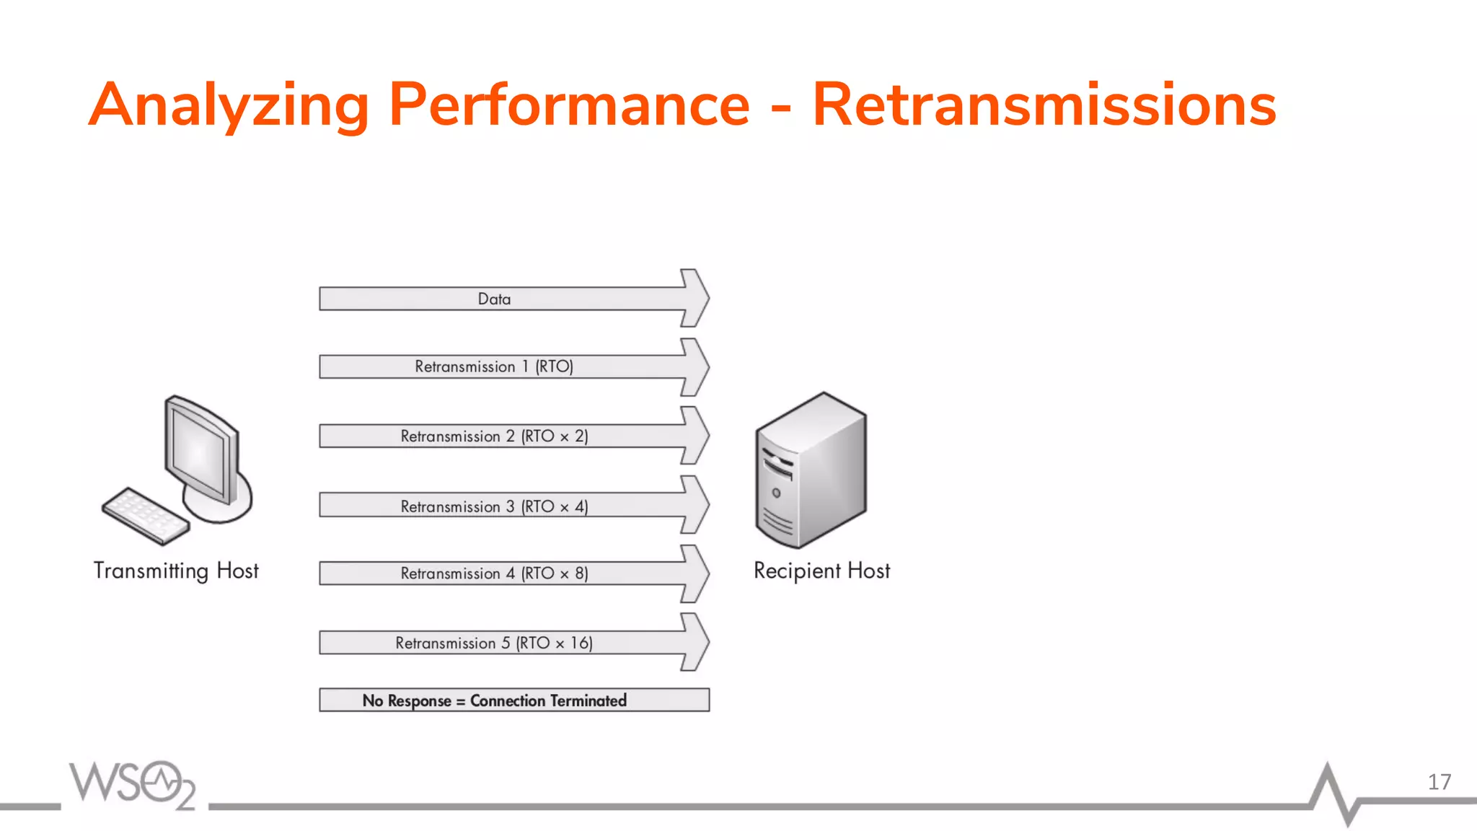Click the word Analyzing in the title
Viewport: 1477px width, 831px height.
tap(229, 106)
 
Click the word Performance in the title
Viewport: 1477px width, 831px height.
tap(569, 105)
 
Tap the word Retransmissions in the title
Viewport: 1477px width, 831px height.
tap(1044, 105)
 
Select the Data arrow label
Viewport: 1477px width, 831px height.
tap(494, 299)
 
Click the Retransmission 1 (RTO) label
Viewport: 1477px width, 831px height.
tap(494, 366)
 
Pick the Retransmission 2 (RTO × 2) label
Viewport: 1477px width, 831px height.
tap(494, 436)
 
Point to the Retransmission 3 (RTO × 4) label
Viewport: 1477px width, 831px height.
tap(494, 506)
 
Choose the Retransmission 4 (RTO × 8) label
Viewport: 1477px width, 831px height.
tap(494, 573)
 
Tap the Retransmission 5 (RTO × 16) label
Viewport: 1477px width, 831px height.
tap(494, 643)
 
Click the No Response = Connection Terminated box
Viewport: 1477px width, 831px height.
tap(513, 700)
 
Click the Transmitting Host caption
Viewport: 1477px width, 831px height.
tap(176, 571)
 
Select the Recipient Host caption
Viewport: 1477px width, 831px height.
tap(821, 571)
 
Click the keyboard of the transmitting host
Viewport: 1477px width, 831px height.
tap(144, 515)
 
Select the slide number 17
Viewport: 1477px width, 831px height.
tap(1439, 782)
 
